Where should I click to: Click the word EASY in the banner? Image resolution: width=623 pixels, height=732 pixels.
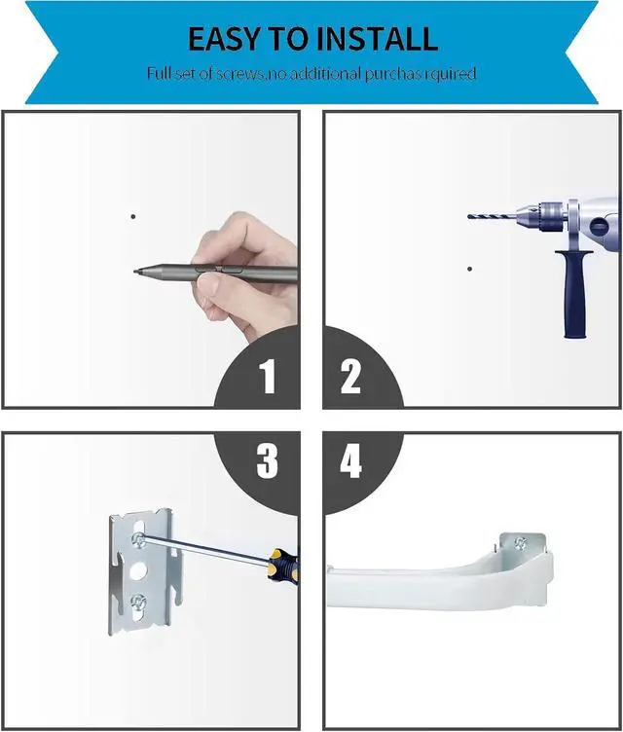(x=224, y=39)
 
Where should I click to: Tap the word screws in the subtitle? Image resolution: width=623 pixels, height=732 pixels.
(x=239, y=73)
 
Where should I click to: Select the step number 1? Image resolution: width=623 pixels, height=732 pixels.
(x=268, y=377)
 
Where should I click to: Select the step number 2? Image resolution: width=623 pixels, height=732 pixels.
(x=350, y=377)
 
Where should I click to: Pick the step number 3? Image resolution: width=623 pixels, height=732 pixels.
(x=267, y=460)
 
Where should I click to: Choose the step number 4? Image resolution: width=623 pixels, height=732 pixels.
(x=350, y=460)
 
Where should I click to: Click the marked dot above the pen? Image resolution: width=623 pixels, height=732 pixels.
(x=133, y=217)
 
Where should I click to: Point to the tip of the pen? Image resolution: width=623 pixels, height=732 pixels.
(x=134, y=271)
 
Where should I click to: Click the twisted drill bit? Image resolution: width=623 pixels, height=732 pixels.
(x=491, y=217)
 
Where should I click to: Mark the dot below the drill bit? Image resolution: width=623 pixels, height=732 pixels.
(x=469, y=269)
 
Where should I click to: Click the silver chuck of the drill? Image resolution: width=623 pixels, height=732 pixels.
(x=541, y=217)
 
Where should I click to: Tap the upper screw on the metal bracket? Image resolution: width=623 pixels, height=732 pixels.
(x=137, y=539)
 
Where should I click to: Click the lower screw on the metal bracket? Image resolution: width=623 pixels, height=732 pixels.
(x=137, y=601)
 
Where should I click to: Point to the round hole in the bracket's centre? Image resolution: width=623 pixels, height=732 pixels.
(x=137, y=570)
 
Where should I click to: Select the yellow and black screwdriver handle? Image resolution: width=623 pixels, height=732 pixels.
(x=283, y=565)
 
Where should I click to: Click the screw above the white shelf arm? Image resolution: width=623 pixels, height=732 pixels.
(x=520, y=542)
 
